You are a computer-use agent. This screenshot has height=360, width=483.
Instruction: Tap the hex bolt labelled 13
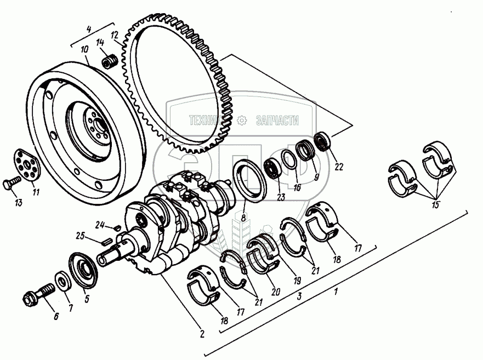(12, 184)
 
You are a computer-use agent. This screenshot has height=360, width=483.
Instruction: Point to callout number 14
(100, 43)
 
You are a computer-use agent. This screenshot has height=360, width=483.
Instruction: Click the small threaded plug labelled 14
(111, 60)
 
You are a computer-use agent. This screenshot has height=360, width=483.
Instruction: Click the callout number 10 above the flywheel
(84, 49)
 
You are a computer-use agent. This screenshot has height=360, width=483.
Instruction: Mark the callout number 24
(99, 224)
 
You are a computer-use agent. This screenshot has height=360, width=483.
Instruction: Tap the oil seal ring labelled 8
(251, 180)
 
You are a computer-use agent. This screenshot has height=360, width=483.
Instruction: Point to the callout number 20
(275, 292)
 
